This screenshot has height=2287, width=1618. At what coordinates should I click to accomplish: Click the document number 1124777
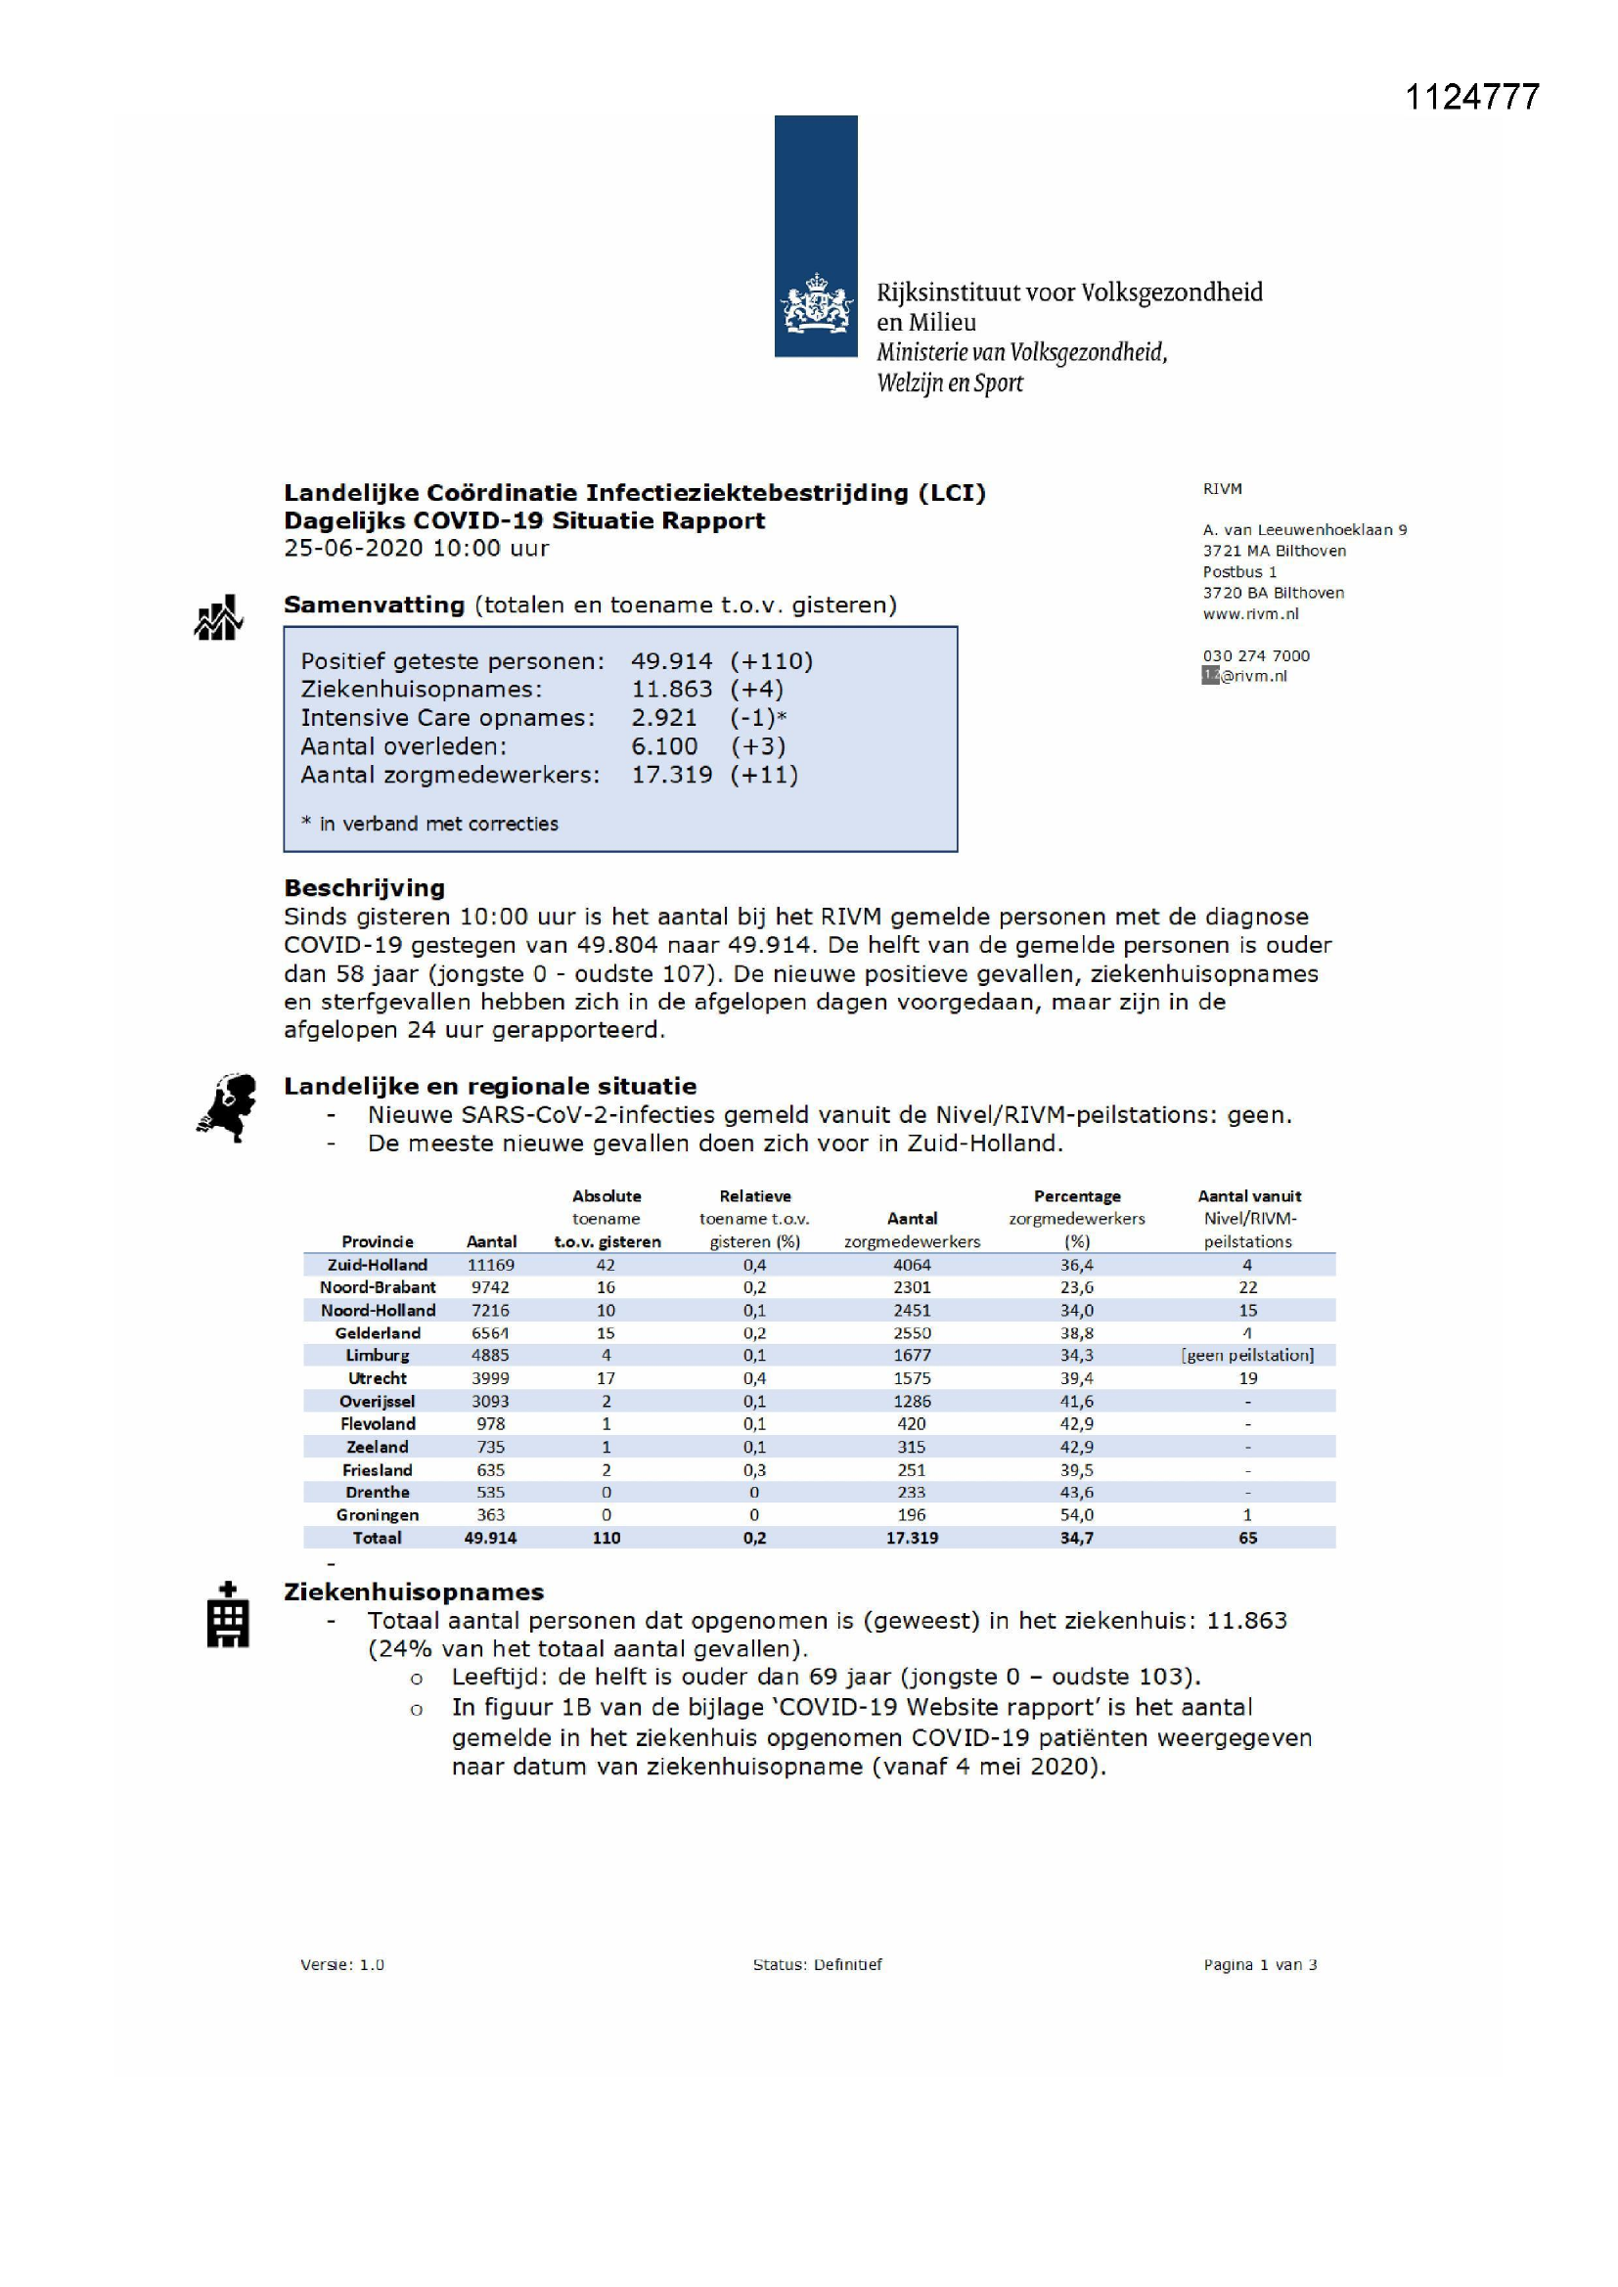pyautogui.click(x=1471, y=97)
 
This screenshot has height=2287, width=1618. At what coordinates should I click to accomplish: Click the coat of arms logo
pyautogui.click(x=816, y=304)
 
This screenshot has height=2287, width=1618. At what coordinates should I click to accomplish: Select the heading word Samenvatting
pyautogui.click(x=374, y=605)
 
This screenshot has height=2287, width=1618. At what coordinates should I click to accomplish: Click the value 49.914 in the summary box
pyautogui.click(x=671, y=661)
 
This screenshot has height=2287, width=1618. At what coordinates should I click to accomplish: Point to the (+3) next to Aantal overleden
pyautogui.click(x=757, y=746)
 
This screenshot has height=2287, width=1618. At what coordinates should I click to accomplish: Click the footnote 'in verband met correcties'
pyautogui.click(x=437, y=824)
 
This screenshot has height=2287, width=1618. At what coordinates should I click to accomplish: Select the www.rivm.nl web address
pyautogui.click(x=1250, y=613)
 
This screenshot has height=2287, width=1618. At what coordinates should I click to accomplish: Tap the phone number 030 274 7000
pyautogui.click(x=1255, y=655)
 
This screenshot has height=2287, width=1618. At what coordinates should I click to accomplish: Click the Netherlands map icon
pyautogui.click(x=227, y=1106)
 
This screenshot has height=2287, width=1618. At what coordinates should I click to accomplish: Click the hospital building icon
pyautogui.click(x=227, y=1616)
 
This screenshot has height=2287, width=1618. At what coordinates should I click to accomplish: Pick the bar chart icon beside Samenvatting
pyautogui.click(x=218, y=617)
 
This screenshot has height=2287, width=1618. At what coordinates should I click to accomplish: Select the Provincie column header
pyautogui.click(x=377, y=1241)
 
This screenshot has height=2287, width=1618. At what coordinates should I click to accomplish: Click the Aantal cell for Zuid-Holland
pyautogui.click(x=490, y=1265)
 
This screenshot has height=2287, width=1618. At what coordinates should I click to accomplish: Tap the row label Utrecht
pyautogui.click(x=377, y=1378)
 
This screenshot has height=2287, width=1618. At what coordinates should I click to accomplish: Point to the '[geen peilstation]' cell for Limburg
pyautogui.click(x=1247, y=1356)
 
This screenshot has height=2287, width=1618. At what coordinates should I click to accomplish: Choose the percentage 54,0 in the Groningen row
pyautogui.click(x=1076, y=1515)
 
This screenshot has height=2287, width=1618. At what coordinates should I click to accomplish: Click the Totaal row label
pyautogui.click(x=377, y=1538)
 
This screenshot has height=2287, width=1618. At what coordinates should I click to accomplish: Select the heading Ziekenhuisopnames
pyautogui.click(x=414, y=1592)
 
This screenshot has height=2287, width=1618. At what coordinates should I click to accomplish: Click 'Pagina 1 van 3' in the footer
pyautogui.click(x=1259, y=1964)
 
